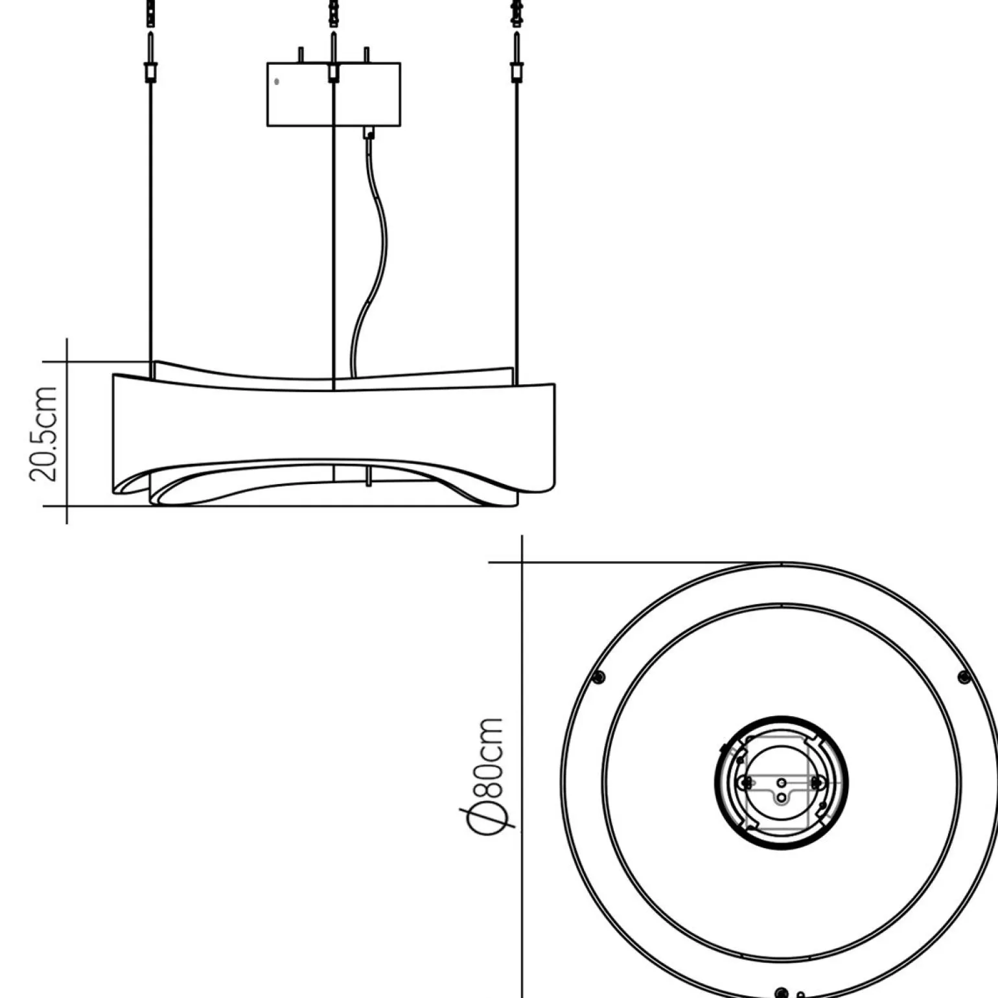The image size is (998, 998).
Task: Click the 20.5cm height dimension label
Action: (43, 434)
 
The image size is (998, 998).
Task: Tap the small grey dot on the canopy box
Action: (277, 82)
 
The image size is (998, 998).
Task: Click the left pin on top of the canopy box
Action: (300, 54)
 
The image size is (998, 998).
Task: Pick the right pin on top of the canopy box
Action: (367, 54)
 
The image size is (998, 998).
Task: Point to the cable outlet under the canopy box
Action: (369, 133)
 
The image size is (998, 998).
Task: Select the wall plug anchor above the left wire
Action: (151, 13)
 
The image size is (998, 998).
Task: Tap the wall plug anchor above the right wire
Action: (516, 13)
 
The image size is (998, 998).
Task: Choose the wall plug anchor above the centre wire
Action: (333, 13)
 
